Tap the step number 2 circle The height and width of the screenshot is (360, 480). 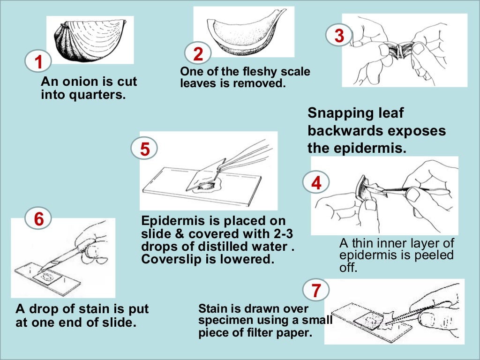pos(198,54)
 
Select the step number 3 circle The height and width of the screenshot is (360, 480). pos(339,36)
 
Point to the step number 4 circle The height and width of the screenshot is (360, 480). pos(316,183)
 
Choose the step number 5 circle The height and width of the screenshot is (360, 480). pos(145,149)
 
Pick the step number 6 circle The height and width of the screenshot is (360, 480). pos(39,219)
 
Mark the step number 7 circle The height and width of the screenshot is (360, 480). pos(316,291)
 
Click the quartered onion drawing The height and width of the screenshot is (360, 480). pos(89,41)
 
